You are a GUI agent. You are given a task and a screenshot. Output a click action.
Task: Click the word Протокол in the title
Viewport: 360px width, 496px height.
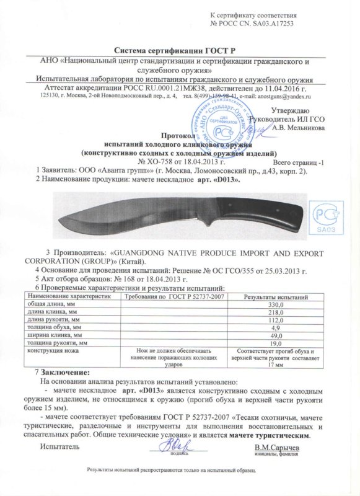pyautogui.click(x=178, y=134)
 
